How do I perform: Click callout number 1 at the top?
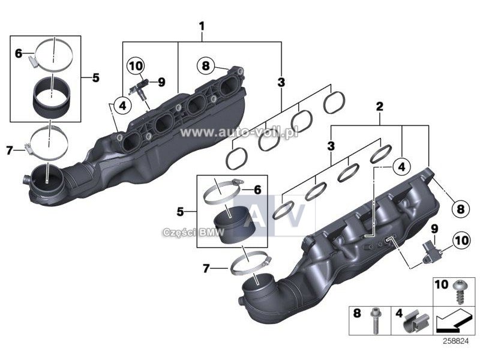(x=202, y=26)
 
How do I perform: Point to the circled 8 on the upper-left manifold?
(x=205, y=65)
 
